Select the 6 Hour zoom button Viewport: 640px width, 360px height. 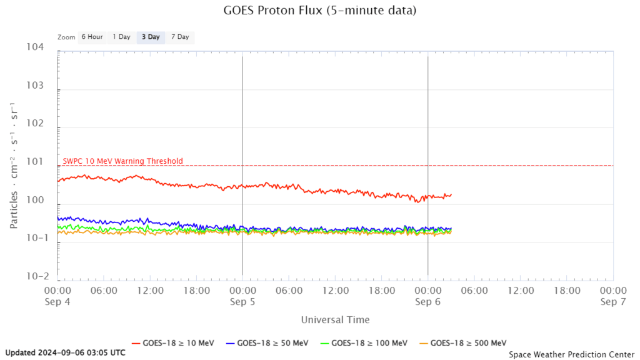92,37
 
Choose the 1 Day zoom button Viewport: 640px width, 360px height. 121,37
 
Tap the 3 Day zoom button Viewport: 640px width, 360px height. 150,37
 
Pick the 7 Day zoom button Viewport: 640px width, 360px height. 179,37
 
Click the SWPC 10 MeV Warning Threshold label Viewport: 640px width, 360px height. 123,161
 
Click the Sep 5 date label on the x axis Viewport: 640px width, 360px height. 242,301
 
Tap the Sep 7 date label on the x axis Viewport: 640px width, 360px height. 612,301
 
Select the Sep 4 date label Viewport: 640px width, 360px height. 57,301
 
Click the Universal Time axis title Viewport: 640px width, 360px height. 335,320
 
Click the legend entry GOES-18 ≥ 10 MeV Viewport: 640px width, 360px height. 173,342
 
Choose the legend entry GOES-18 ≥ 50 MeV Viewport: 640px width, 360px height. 267,342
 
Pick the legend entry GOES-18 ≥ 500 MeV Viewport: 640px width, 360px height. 462,342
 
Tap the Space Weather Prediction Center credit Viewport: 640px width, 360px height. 571,354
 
